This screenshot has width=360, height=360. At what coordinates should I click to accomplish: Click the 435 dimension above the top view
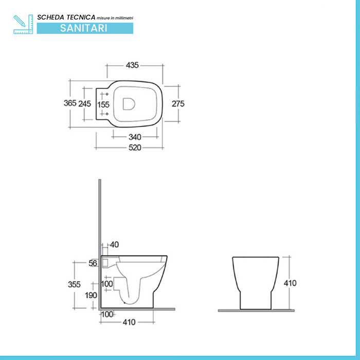pyautogui.click(x=132, y=65)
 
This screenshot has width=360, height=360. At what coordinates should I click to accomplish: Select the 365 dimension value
pyautogui.click(x=70, y=103)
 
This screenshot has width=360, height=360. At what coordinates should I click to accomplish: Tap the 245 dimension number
pyautogui.click(x=85, y=103)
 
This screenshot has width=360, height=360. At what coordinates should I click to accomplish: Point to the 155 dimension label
pyautogui.click(x=104, y=104)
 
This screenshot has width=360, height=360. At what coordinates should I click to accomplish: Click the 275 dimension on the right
pyautogui.click(x=177, y=103)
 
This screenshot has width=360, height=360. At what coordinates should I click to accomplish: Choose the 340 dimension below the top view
pyautogui.click(x=135, y=137)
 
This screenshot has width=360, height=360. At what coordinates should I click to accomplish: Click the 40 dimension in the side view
pyautogui.click(x=114, y=244)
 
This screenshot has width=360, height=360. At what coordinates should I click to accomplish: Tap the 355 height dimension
pyautogui.click(x=75, y=283)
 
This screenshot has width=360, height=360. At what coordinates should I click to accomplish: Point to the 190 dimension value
pyautogui.click(x=90, y=295)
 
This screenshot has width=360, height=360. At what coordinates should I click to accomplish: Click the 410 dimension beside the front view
pyautogui.click(x=290, y=283)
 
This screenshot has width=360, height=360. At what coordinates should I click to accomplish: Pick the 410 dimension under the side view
pyautogui.click(x=129, y=322)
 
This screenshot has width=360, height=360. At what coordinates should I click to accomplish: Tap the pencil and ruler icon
pyautogui.click(x=23, y=24)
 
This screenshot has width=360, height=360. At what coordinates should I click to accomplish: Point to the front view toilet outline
pyautogui.click(x=255, y=282)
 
